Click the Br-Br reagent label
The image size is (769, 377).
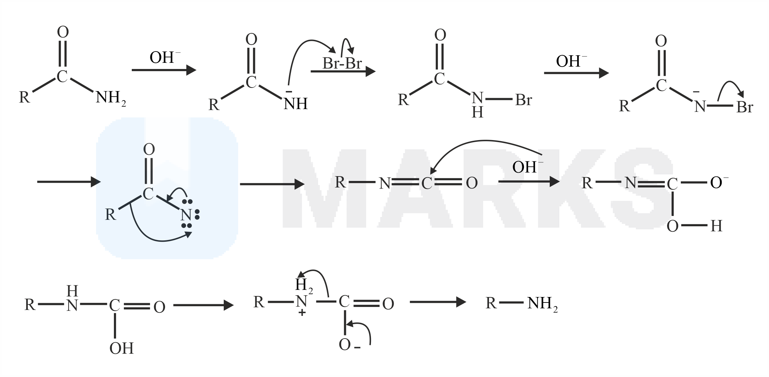pyautogui.click(x=342, y=64)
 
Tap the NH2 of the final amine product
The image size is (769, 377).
pyautogui.click(x=543, y=304)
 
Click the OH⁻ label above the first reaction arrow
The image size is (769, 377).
pyautogui.click(x=165, y=57)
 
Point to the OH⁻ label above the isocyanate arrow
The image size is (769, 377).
pyautogui.click(x=528, y=167)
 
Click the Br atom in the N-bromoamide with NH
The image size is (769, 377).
pyautogui.click(x=523, y=100)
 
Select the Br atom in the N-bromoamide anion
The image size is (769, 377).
pyautogui.click(x=745, y=107)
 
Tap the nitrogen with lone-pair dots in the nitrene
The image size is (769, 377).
pyautogui.click(x=186, y=215)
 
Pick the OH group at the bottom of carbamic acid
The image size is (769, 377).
pyautogui.click(x=121, y=349)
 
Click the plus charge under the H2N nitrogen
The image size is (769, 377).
pyautogui.click(x=302, y=313)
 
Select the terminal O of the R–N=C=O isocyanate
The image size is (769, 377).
pyautogui.click(x=472, y=183)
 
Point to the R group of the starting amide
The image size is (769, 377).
pyautogui.click(x=24, y=97)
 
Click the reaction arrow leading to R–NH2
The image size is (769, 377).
pyautogui.click(x=438, y=302)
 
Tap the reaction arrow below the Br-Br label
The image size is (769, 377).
pyautogui.click(x=343, y=72)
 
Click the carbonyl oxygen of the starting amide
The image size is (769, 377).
pyautogui.click(x=63, y=32)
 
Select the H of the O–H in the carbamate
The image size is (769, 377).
pyautogui.click(x=716, y=226)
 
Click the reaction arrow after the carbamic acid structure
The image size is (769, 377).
pyautogui.click(x=203, y=305)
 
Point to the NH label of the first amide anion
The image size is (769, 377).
pyautogui.click(x=295, y=104)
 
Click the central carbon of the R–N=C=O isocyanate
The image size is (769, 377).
pyautogui.click(x=427, y=183)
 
